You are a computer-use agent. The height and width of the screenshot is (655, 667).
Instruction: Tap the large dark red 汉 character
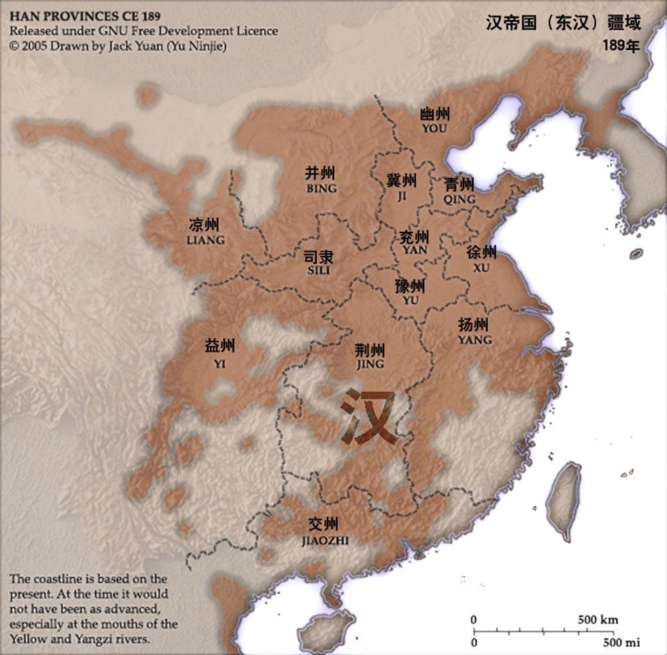(x=368, y=418)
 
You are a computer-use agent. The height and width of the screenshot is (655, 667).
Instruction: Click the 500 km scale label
(x=598, y=620)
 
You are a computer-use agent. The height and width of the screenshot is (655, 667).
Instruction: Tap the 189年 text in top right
(x=621, y=46)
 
